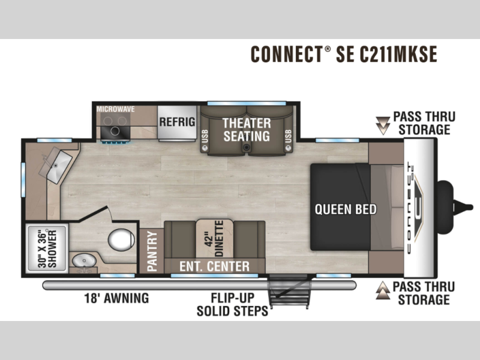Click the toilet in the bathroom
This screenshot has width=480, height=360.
coord(121,239)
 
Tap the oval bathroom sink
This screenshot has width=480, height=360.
coord(84,261)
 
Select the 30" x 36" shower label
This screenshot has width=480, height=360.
coord(47,248)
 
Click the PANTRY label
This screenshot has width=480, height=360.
coord(152,251)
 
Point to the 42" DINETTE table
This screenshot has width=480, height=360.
coord(214,239)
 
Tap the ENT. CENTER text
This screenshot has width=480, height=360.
coord(214,266)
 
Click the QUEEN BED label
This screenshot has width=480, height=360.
coord(346,209)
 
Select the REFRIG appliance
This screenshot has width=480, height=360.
coord(177,124)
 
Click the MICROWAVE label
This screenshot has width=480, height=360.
coord(115,109)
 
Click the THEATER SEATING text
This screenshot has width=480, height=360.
coord(247,130)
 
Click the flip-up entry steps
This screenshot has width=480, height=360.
coord(289,292)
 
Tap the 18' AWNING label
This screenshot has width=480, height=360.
coord(116,298)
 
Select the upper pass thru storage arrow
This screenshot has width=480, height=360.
coord(383,125)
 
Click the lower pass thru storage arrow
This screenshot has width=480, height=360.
coord(383,290)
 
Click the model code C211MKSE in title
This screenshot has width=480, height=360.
coord(398,54)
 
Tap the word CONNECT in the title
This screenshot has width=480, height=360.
coord(287,54)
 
